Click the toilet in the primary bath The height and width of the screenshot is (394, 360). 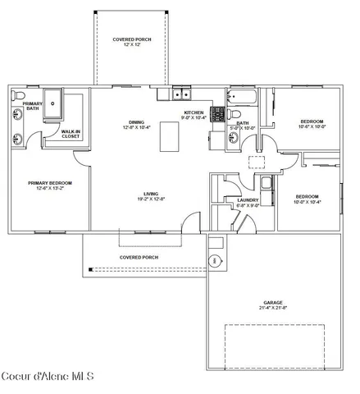(18, 96)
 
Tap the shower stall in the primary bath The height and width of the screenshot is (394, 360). (53, 102)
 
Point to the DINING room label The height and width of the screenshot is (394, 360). (137, 122)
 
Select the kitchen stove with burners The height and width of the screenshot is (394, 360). (219, 114)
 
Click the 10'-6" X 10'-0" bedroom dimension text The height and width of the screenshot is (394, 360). (312, 126)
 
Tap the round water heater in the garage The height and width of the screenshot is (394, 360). (215, 261)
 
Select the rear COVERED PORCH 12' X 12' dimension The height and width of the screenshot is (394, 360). (131, 44)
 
